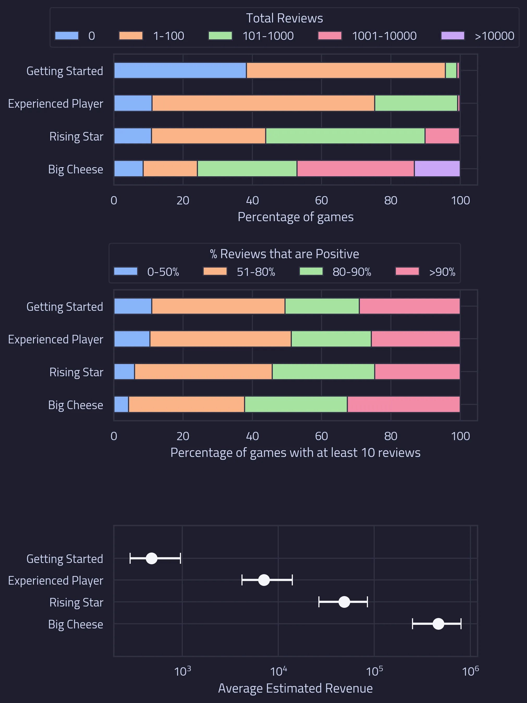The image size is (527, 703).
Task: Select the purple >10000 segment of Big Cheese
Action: pos(437,168)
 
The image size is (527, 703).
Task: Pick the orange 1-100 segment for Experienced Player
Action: pos(263,103)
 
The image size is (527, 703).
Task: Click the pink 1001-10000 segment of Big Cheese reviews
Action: pos(355,168)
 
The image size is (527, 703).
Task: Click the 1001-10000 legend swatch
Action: pos(330,36)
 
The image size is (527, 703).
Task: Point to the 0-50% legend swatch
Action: pos(125,271)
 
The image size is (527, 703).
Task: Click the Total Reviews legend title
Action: pos(284,18)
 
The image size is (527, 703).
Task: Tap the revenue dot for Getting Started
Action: pos(151,558)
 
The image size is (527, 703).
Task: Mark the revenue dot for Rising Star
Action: pos(344,602)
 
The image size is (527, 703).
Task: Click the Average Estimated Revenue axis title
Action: pos(295,688)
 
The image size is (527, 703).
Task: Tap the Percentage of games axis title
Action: pos(295,217)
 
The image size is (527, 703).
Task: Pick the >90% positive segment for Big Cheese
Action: pos(403,404)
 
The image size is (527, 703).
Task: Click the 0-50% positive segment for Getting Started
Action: pos(133,306)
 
